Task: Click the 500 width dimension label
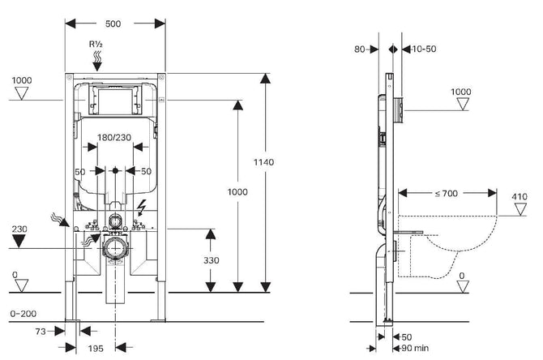pos(113,24)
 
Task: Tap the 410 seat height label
pos(519,196)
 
